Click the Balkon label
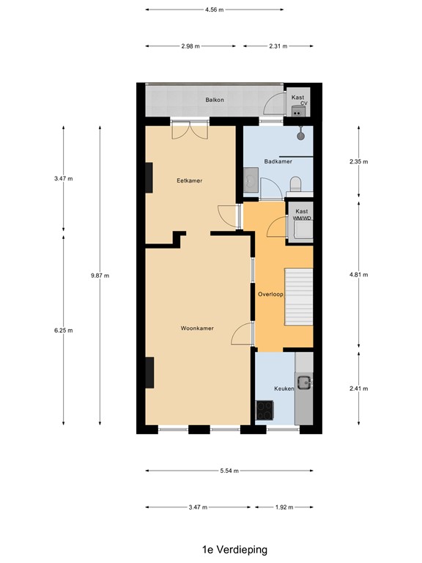click(215, 100)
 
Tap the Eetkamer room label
click(189, 180)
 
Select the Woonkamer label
click(197, 328)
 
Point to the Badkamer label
click(278, 161)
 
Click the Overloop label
click(270, 294)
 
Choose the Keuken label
click(284, 389)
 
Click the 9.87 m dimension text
click(100, 276)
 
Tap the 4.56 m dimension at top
click(214, 10)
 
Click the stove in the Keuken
click(264, 411)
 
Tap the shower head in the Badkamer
click(300, 133)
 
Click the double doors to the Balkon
click(190, 132)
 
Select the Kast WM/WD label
click(301, 214)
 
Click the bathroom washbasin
click(251, 178)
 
